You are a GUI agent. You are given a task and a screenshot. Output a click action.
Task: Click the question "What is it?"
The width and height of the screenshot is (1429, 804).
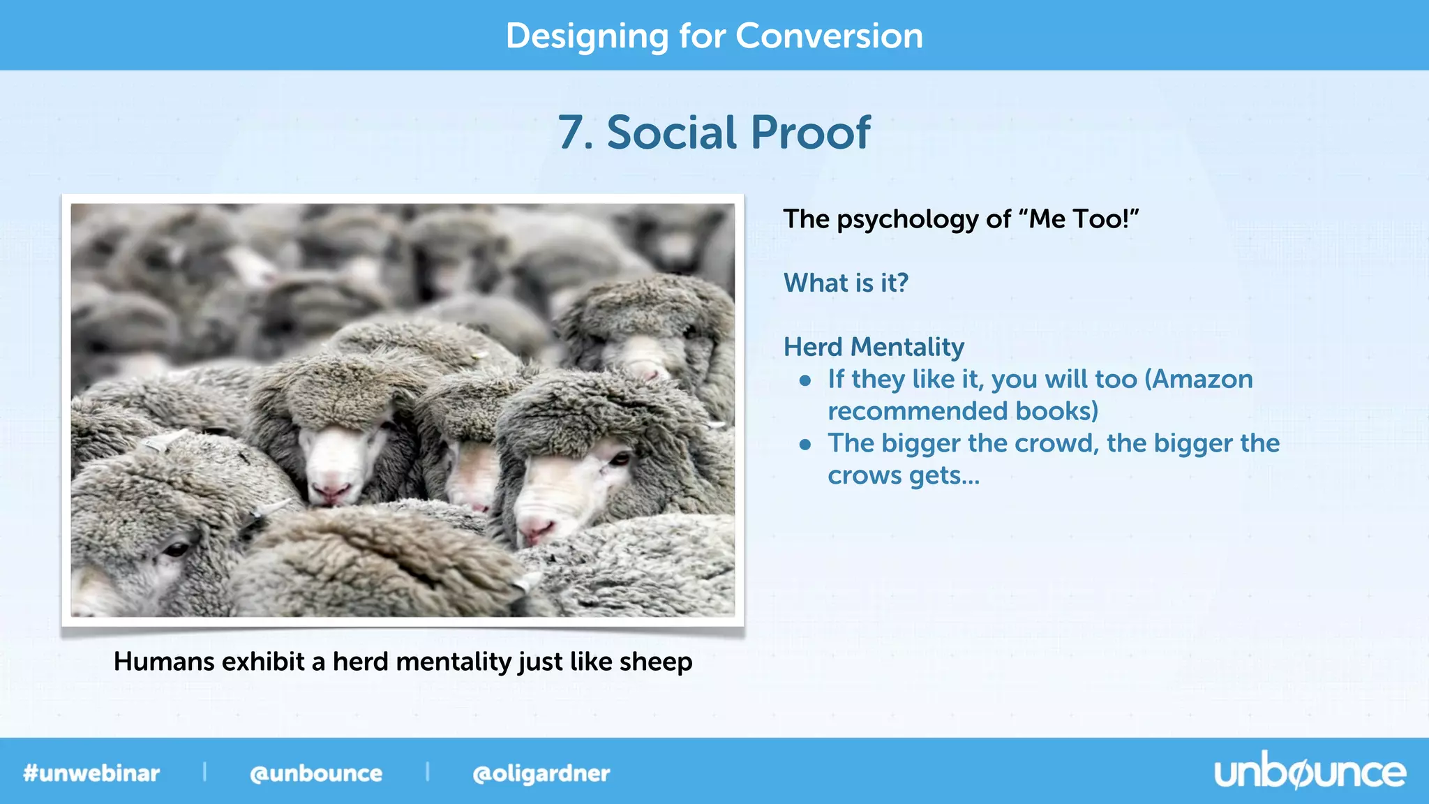[846, 283]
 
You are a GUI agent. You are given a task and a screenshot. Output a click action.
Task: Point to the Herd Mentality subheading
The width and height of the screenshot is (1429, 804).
[874, 347]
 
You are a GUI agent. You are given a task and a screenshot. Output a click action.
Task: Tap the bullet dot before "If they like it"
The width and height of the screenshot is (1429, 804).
[805, 380]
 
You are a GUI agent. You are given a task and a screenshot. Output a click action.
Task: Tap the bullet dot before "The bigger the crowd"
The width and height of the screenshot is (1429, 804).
[805, 445]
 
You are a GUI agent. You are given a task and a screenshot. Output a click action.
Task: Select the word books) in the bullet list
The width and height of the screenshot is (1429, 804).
[1056, 411]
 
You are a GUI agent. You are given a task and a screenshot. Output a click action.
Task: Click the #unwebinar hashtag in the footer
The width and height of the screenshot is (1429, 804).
[91, 773]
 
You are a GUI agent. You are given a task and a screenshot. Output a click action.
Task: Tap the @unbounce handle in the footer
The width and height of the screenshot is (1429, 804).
[316, 773]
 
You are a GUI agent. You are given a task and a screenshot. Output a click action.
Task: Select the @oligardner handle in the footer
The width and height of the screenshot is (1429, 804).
[541, 773]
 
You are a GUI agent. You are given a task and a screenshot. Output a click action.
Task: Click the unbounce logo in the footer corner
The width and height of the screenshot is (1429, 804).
[1310, 773]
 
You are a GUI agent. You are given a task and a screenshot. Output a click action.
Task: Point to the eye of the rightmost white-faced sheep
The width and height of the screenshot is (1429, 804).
[620, 459]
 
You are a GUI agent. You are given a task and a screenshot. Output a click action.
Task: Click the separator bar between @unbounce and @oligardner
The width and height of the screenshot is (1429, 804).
[427, 772]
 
